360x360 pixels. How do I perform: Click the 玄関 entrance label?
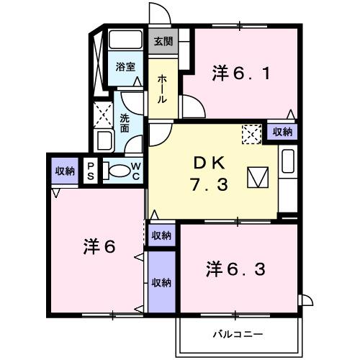[163, 42]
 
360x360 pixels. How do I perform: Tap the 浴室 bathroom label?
[126, 67]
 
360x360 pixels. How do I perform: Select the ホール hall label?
[163, 89]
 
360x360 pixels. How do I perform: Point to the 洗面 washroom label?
[125, 124]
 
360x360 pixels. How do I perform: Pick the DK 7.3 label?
[210, 174]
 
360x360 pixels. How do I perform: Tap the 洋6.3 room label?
[237, 270]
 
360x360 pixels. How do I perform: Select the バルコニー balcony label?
[238, 334]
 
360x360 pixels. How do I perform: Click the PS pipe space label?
[91, 170]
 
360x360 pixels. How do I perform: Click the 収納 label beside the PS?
[65, 171]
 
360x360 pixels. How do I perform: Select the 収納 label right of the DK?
[282, 131]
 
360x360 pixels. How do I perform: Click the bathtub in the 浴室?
[126, 40]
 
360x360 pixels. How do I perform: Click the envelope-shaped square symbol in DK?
[257, 177]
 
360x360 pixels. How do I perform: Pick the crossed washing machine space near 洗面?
[101, 114]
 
